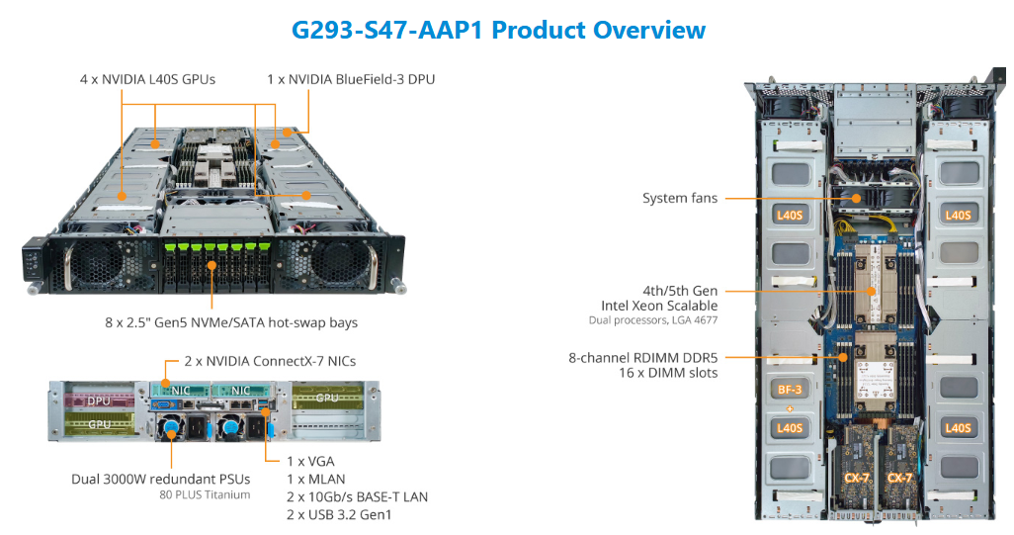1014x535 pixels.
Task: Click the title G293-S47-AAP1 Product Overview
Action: click(x=499, y=30)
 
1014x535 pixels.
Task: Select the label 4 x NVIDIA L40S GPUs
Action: click(x=148, y=78)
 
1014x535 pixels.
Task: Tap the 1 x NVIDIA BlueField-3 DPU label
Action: click(x=351, y=78)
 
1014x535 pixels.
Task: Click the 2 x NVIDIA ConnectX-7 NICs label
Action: click(x=270, y=362)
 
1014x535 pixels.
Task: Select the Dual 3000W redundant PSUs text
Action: click(x=160, y=480)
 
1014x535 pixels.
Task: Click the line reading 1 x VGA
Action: click(x=308, y=461)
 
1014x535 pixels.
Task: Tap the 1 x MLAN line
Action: click(x=314, y=479)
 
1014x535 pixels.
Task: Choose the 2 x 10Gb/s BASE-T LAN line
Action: click(x=357, y=496)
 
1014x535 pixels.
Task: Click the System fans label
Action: click(x=680, y=198)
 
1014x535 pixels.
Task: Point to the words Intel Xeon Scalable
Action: click(x=659, y=306)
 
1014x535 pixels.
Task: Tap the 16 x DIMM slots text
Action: click(x=671, y=373)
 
